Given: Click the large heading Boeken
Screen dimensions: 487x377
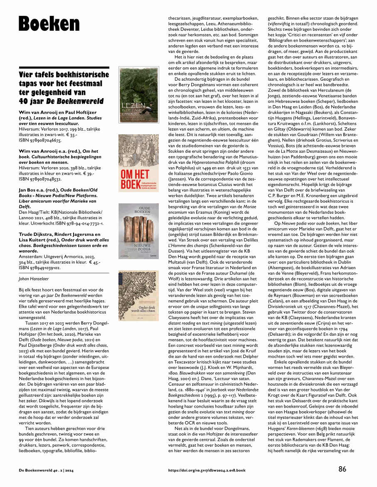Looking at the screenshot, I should click(x=49, y=22).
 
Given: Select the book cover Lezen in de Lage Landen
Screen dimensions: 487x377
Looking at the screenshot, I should click(x=136, y=98).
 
